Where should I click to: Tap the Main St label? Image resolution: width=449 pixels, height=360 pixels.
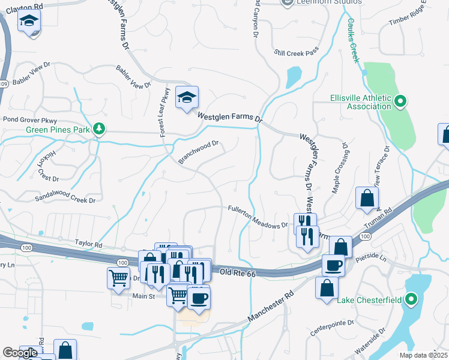tap(143, 296)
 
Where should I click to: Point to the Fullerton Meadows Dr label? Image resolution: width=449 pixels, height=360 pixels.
tap(259, 217)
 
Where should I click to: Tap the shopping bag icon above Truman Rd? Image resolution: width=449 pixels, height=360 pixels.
tap(366, 198)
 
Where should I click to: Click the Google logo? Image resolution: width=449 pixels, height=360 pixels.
tap(20, 353)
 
